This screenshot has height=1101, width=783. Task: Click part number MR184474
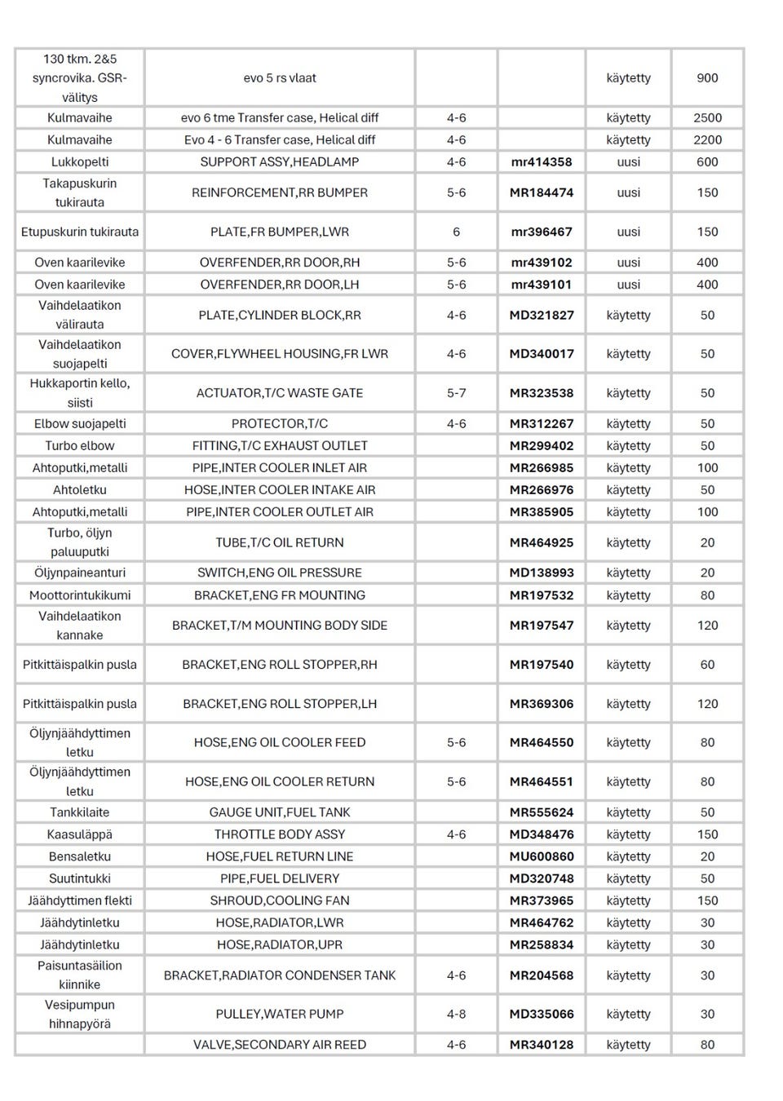(542, 192)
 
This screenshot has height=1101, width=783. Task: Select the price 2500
(707, 117)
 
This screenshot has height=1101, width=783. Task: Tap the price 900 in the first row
(707, 78)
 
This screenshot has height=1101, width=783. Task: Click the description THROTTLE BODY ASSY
(280, 834)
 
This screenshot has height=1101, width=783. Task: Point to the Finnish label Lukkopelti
(80, 161)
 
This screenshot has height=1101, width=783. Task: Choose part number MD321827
(542, 315)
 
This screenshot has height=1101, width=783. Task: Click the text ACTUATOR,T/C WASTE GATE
(280, 393)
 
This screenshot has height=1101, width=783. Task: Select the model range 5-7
(456, 393)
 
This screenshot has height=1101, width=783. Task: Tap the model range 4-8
(456, 1014)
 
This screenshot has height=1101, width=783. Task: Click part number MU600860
(542, 856)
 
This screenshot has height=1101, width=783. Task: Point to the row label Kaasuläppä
(80, 834)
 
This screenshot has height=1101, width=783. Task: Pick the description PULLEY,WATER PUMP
(280, 1014)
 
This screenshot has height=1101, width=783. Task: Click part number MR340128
(542, 1044)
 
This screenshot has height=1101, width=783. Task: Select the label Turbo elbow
(80, 445)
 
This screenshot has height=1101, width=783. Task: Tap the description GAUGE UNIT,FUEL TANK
(280, 812)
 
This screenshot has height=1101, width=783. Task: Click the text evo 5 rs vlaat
(280, 78)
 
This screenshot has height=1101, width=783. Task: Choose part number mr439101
(542, 285)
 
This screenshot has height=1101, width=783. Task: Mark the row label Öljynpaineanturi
(80, 573)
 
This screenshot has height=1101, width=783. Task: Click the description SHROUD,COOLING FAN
(280, 900)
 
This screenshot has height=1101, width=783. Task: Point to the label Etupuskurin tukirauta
(80, 232)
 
